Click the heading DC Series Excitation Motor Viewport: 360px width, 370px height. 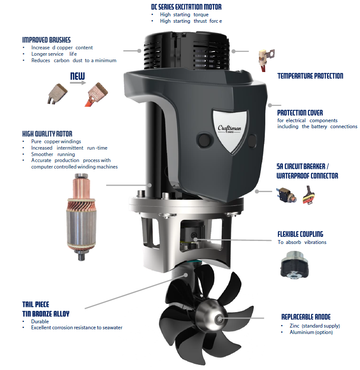186,7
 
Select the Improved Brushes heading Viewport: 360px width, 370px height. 46,40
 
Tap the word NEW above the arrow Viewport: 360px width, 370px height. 78,76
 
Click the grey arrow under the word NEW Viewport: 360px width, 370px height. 78,83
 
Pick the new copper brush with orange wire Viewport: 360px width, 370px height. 97,94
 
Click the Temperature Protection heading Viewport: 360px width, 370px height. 310,76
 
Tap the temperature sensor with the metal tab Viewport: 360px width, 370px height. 266,60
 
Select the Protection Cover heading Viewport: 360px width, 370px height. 300,113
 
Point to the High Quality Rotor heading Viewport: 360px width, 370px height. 47,134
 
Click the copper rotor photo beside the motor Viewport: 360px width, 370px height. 81,217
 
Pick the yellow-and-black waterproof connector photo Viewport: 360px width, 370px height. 309,196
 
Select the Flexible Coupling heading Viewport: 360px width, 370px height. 300,234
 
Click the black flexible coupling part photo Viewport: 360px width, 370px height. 294,265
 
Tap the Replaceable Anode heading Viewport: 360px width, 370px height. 306,317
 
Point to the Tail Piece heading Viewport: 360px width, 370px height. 36,304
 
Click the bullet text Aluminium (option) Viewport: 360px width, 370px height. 311,332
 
